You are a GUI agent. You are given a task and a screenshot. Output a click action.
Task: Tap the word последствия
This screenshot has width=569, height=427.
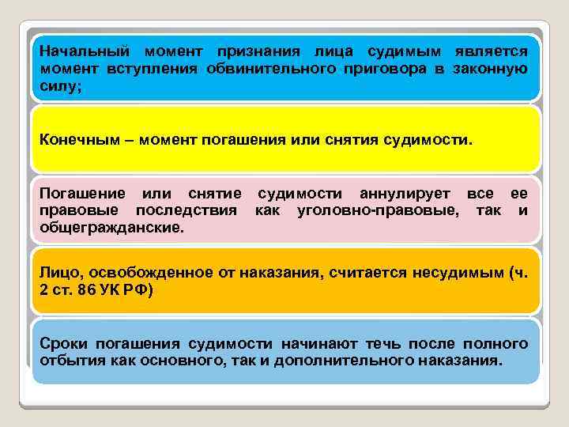click(x=187, y=210)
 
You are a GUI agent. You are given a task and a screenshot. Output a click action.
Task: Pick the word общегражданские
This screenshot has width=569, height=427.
click(x=111, y=228)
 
